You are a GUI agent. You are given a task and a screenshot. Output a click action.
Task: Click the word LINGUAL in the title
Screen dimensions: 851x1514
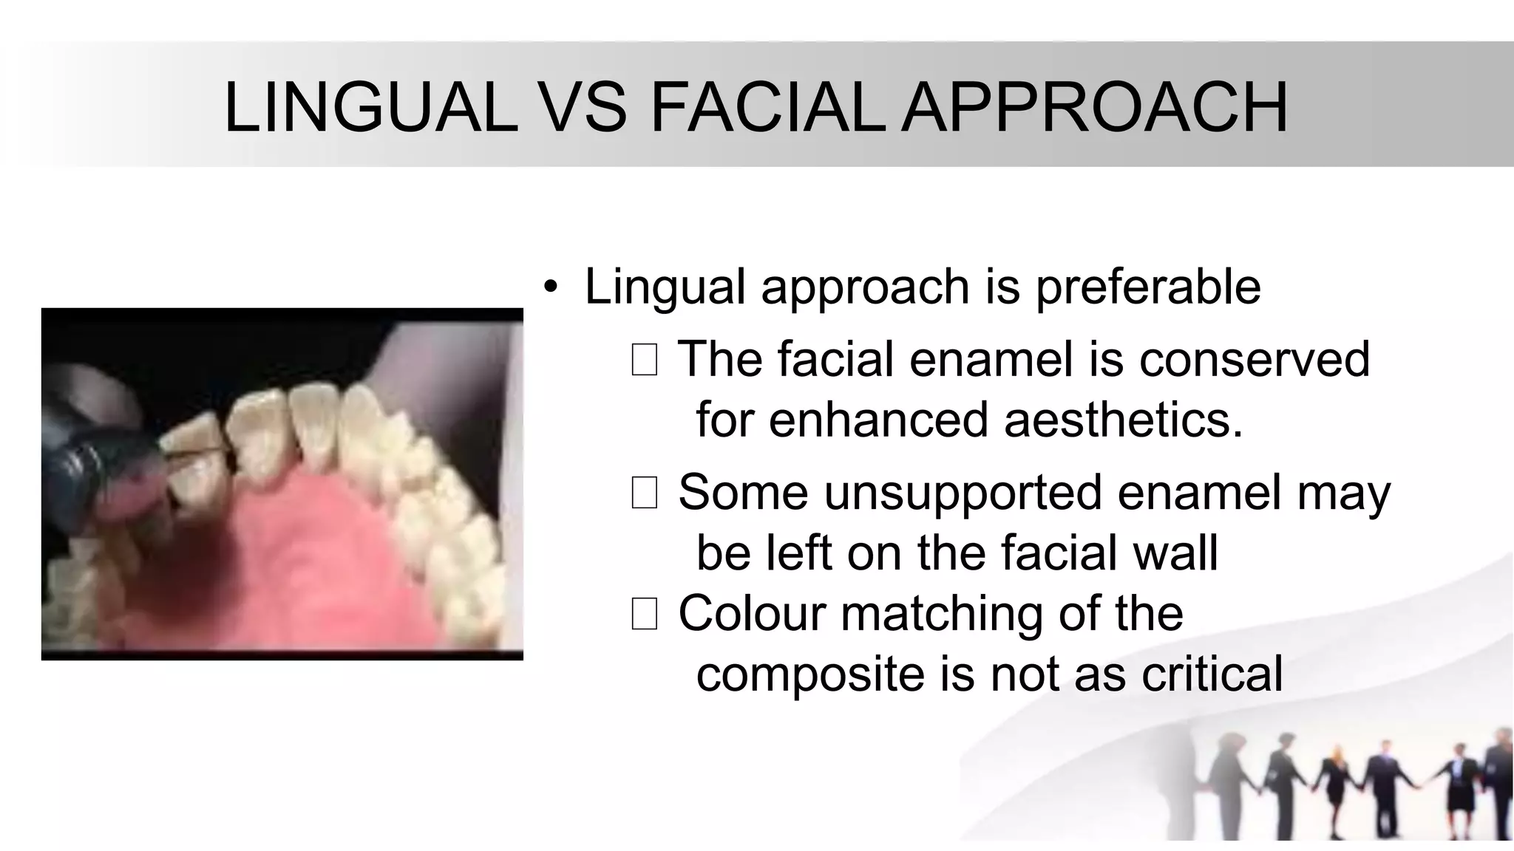pos(371,108)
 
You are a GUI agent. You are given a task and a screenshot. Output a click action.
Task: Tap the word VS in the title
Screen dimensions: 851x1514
pos(588,108)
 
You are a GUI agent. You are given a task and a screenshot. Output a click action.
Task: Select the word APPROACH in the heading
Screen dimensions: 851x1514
pos(1095,108)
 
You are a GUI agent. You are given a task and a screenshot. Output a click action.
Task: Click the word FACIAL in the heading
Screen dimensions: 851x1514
pos(768,108)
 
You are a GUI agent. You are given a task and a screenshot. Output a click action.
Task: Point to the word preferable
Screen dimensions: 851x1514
pos(1147,287)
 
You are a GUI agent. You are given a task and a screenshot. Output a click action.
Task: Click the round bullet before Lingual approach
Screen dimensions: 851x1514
pos(549,287)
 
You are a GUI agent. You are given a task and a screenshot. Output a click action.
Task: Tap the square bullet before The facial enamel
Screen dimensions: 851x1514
pos(644,360)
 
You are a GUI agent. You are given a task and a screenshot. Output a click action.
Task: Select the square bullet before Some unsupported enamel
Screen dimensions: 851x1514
pos(644,493)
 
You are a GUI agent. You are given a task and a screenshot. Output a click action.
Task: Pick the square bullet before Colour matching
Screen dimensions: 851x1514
pos(644,614)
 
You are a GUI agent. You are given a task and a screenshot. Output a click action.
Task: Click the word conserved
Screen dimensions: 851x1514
pos(1255,360)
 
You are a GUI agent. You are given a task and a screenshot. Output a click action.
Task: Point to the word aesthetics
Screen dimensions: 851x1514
pos(1123,420)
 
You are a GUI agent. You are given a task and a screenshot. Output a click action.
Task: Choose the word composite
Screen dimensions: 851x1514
pos(810,674)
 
